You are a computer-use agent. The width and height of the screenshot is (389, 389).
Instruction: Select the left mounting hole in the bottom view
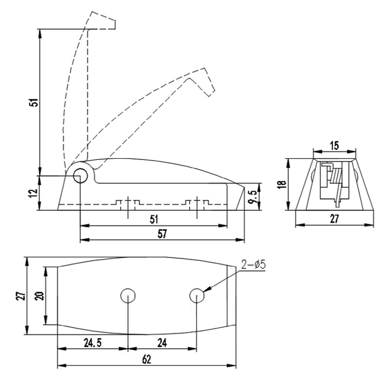[128, 296]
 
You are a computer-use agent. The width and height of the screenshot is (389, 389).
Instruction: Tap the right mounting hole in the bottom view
[197, 296]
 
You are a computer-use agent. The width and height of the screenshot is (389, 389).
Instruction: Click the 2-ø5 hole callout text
[253, 265]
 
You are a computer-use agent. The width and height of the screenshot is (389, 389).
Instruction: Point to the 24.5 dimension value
[93, 343]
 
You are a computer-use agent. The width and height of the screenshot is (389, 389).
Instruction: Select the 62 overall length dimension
[147, 359]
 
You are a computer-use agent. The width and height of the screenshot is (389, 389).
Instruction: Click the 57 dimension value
[162, 234]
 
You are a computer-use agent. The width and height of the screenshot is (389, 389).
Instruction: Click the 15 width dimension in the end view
[334, 145]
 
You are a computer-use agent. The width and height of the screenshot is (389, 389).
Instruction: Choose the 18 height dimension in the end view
[282, 184]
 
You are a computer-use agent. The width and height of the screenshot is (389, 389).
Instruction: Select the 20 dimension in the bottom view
[40, 296]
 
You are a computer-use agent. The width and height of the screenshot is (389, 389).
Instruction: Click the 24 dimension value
[162, 343]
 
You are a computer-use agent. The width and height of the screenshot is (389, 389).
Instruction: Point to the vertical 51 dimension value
[34, 102]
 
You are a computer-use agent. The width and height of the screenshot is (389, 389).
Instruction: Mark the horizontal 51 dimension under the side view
[154, 220]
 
